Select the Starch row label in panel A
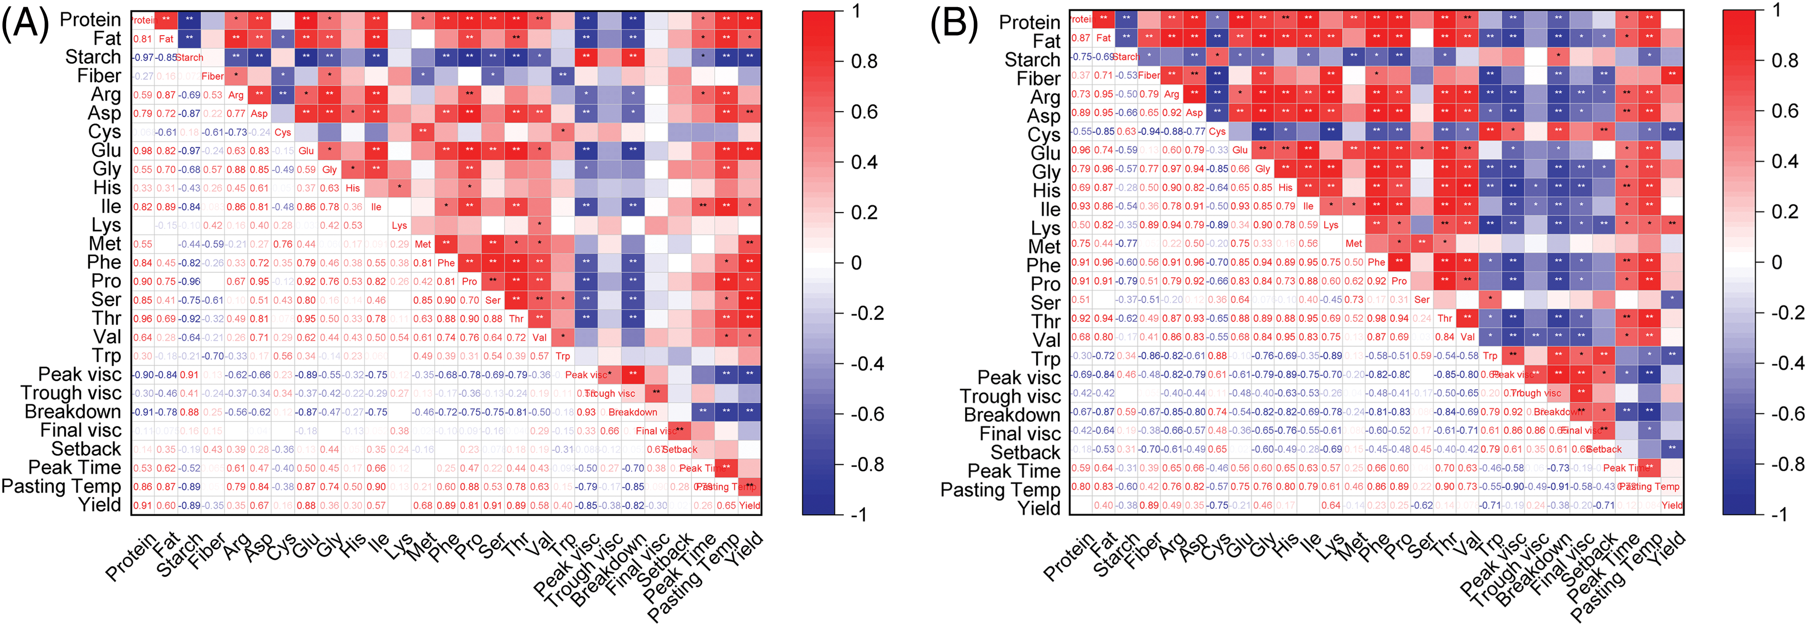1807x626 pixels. [x=93, y=57]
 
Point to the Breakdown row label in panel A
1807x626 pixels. [x=73, y=412]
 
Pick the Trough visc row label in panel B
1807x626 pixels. [x=1010, y=396]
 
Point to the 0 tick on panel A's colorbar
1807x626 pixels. [x=856, y=263]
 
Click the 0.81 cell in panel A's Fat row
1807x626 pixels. [x=142, y=38]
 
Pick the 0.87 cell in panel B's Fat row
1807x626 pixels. [x=1081, y=38]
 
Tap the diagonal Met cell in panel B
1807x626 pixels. [x=1353, y=243]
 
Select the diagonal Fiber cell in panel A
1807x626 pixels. [x=212, y=76]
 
